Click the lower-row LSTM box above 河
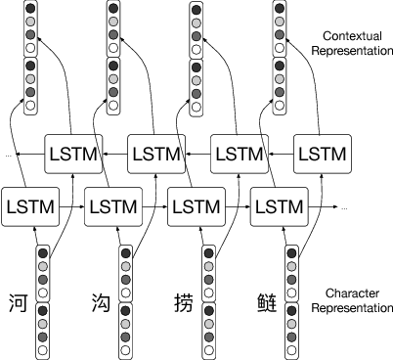click(x=31, y=206)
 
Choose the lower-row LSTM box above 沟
click(x=113, y=206)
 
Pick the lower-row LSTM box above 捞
click(x=196, y=206)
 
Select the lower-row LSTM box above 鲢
click(x=279, y=206)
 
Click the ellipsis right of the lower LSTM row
click(x=343, y=209)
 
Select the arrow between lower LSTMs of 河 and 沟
click(x=72, y=206)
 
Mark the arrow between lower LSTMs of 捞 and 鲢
click(x=238, y=206)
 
